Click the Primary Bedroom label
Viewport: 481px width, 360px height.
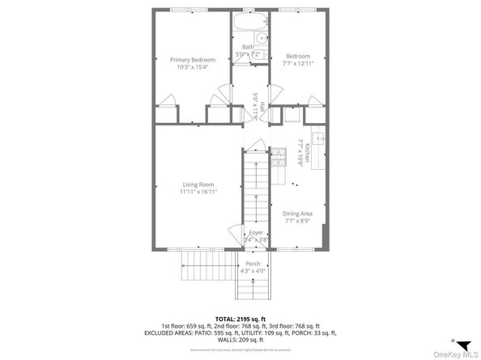(x=192, y=59)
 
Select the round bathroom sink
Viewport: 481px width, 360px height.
(x=262, y=38)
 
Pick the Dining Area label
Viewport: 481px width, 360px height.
(x=299, y=214)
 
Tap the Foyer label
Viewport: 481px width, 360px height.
(x=255, y=232)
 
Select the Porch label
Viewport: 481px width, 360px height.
(x=253, y=264)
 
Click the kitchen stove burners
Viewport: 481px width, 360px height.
(x=279, y=155)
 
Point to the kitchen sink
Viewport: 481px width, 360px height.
(x=318, y=138)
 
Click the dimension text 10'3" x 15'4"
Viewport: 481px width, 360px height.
(x=192, y=66)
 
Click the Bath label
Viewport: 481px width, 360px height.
(x=248, y=47)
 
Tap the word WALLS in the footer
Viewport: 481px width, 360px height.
(x=222, y=340)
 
